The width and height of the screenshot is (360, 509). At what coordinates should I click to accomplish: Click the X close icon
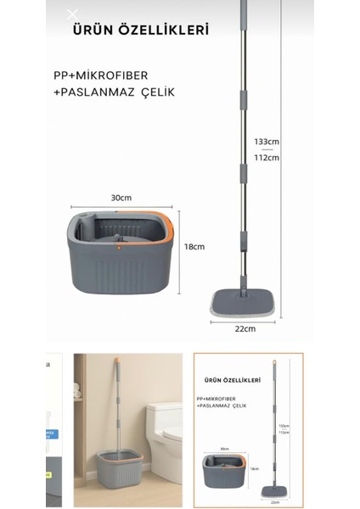71,14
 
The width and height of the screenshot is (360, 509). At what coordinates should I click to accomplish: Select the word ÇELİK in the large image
157,92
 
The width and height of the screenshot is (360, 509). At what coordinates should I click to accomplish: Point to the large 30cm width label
121,199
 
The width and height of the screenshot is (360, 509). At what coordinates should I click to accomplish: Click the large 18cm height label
194,247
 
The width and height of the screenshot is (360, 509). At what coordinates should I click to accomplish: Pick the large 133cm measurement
267,142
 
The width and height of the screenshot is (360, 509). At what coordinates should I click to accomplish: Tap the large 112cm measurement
267,158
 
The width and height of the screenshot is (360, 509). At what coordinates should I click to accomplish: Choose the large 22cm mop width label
244,328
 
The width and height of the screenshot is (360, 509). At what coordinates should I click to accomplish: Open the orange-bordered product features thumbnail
249,430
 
